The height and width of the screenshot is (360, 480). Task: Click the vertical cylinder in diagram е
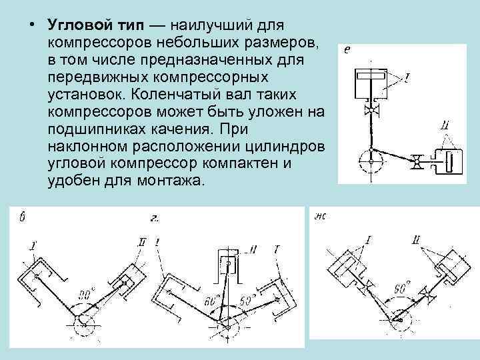[369, 81]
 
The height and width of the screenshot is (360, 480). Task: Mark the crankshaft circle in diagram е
[369, 159]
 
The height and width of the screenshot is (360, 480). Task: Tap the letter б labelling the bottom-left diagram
[23, 215]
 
